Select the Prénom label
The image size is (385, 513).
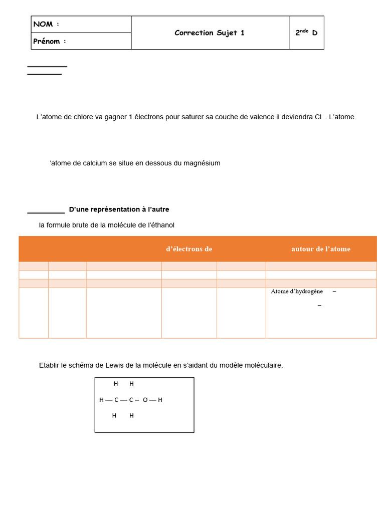[x=47, y=42]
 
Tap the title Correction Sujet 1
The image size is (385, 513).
[x=210, y=33]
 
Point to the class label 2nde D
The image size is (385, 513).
[x=306, y=33]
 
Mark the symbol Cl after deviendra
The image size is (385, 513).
[x=318, y=117]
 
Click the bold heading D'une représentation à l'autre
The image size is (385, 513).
[x=119, y=209]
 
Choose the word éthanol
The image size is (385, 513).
[x=161, y=225]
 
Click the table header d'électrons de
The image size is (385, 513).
[x=189, y=249]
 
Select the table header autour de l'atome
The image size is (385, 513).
[x=321, y=249]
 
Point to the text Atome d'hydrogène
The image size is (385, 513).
[x=297, y=291]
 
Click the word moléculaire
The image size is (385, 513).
[x=262, y=366]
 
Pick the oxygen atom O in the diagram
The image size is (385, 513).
[x=145, y=400]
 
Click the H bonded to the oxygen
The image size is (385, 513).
[x=160, y=400]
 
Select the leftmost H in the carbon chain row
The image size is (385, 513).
[x=101, y=400]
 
